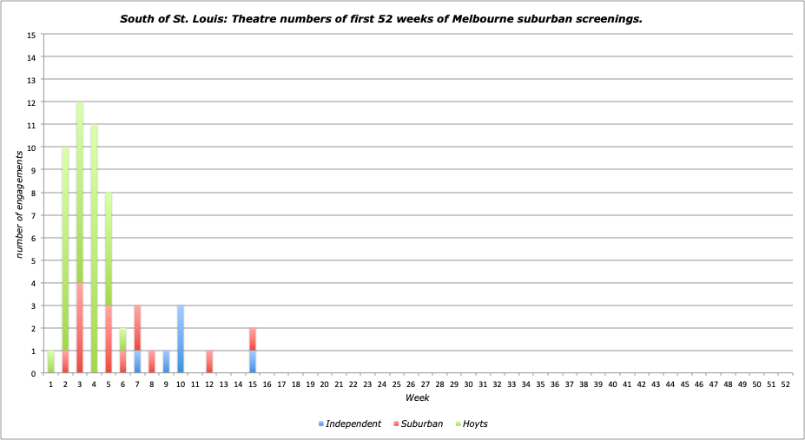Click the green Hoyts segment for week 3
(80, 192)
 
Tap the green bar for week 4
(94, 249)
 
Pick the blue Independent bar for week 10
(181, 339)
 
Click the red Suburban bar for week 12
(209, 362)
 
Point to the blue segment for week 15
(253, 362)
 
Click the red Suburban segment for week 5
(109, 339)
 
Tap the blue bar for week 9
(166, 362)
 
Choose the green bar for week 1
(51, 362)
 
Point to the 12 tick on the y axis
(31, 102)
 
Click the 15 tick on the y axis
(31, 35)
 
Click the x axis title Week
(417, 397)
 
